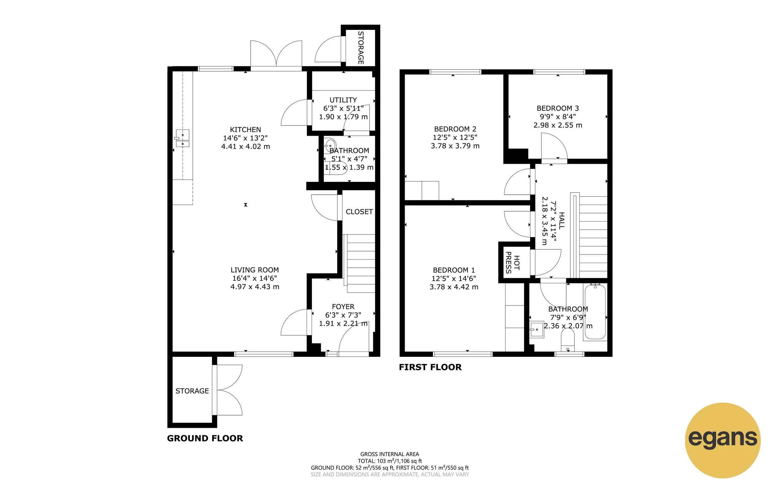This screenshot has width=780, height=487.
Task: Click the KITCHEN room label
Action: point(246,129)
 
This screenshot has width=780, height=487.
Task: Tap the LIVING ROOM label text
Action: point(254,270)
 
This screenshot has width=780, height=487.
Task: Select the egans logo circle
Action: point(723,440)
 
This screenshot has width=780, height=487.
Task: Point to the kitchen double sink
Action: point(183,139)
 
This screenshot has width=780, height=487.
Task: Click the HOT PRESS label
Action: point(512,262)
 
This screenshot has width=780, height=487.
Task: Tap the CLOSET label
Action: point(359,212)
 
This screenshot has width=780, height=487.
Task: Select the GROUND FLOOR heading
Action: point(205,438)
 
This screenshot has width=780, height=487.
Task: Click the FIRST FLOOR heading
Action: point(430,367)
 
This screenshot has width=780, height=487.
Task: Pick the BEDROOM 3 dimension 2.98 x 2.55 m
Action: point(558,125)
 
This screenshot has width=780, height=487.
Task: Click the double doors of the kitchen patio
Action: point(276,55)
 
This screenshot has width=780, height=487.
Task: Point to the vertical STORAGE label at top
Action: point(361,48)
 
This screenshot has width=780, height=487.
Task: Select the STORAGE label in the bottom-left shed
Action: point(192,391)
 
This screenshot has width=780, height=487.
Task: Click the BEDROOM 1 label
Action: point(454,270)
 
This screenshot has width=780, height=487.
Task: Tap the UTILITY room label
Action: point(343,100)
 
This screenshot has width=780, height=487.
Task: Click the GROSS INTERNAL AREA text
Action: point(390,454)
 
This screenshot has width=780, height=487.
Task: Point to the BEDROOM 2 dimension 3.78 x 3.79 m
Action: point(455,146)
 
